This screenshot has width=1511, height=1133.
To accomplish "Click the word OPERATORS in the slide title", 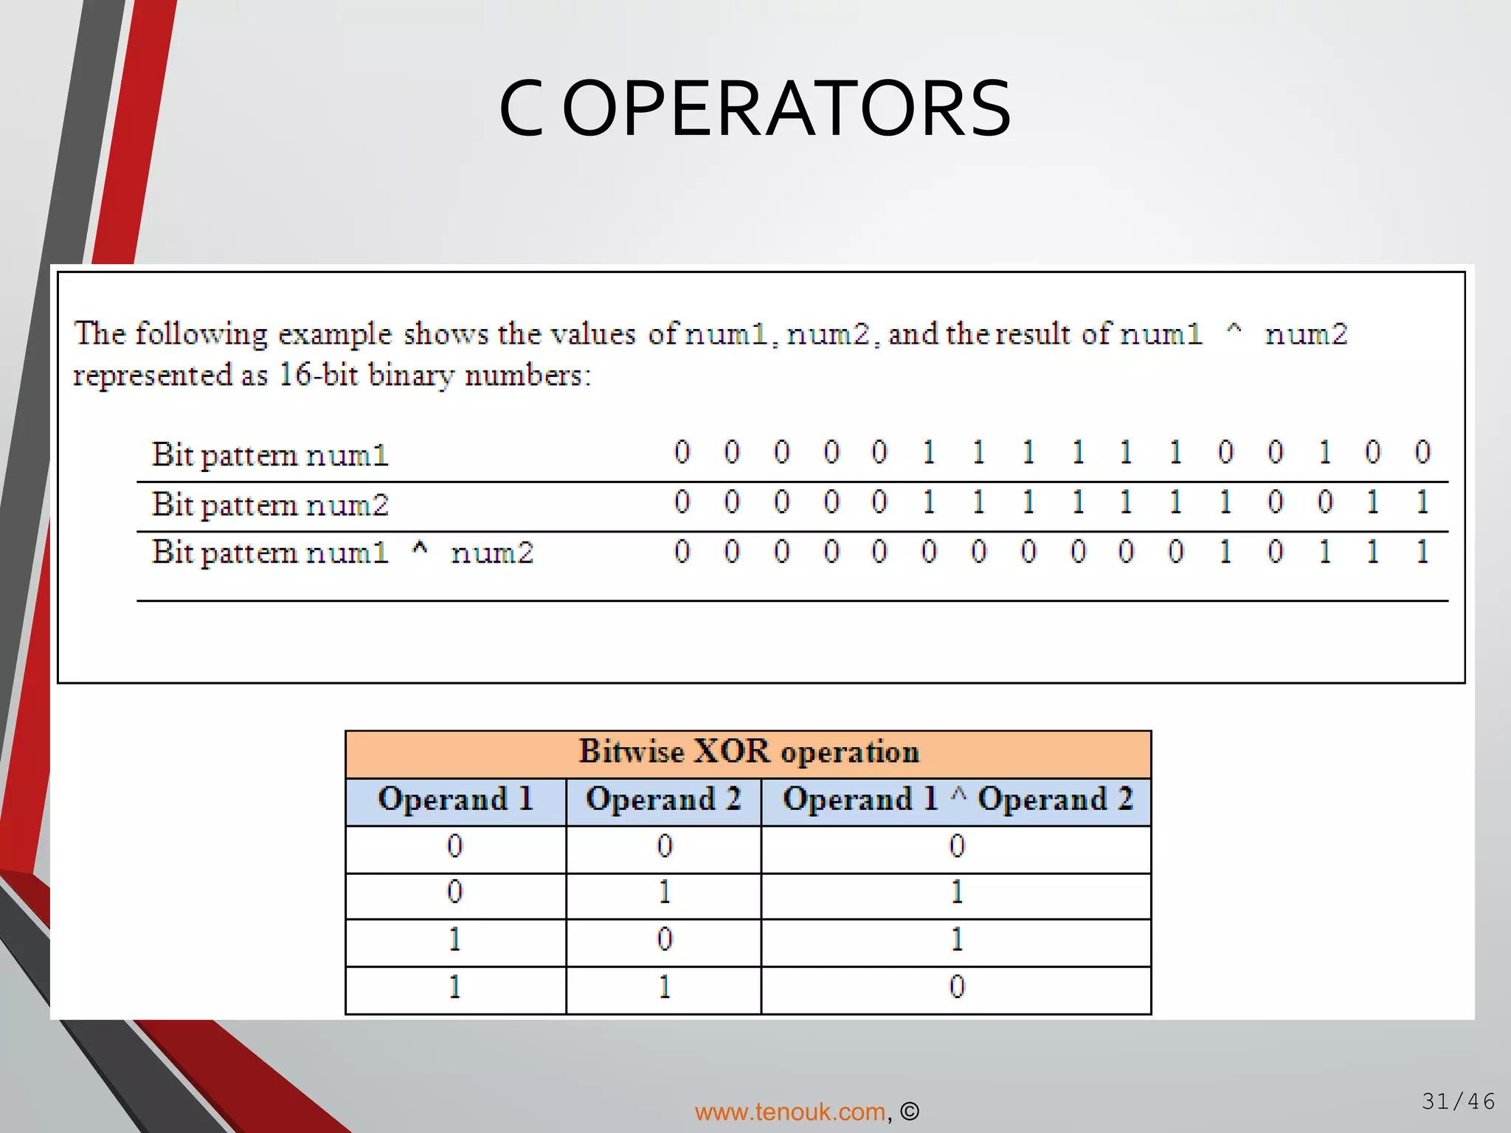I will [786, 109].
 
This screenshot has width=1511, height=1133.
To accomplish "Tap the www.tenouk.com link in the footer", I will [789, 1112].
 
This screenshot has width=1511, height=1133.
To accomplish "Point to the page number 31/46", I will [1458, 1101].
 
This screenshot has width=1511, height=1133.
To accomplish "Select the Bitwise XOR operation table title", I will [748, 752].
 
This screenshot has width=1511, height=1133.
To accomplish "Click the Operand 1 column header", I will [455, 800].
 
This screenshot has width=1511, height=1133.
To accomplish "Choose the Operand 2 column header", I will [663, 800].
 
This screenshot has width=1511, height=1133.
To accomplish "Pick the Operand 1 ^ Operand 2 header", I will [957, 800].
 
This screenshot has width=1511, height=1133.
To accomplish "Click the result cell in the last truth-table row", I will [957, 988].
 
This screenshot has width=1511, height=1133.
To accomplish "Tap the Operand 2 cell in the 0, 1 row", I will [664, 893].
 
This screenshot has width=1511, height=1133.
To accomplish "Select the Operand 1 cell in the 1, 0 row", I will [454, 940].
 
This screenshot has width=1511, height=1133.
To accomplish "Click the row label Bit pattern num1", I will [270, 455].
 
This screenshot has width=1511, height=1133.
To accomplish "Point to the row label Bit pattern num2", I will [270, 505].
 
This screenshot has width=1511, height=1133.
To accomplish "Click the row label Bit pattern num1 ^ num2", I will [342, 552].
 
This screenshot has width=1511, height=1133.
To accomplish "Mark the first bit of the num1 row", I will [682, 452].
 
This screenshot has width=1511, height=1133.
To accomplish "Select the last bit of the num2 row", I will [1422, 502].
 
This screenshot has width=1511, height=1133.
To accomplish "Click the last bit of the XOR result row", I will [1422, 552].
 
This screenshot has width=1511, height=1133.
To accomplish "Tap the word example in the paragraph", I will [334, 335].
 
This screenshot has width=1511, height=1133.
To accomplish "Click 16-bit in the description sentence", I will [318, 375].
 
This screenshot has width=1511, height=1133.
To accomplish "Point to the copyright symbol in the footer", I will [910, 1112].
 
